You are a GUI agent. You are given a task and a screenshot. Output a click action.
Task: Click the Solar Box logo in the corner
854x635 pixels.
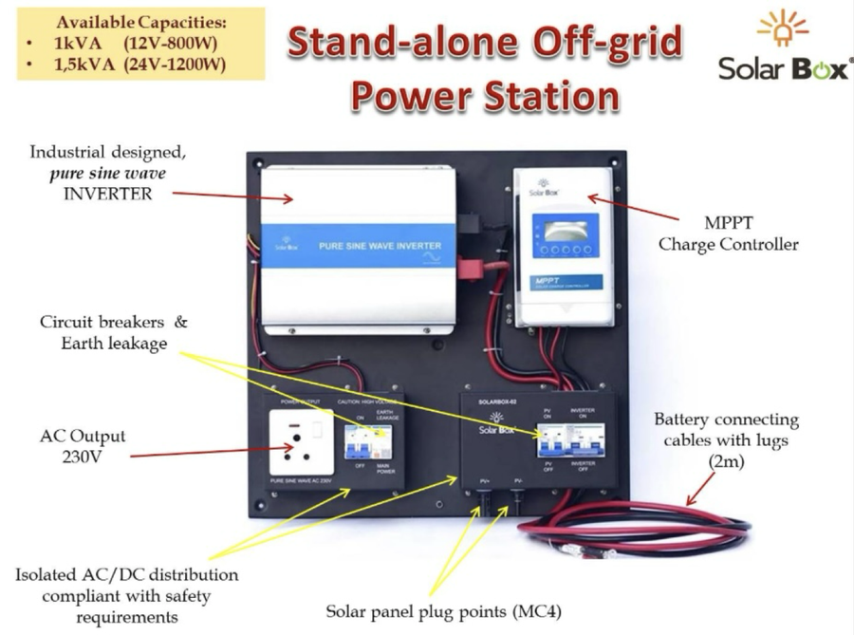[784, 48]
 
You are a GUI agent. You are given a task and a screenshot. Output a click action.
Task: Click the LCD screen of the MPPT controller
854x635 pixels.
[566, 232]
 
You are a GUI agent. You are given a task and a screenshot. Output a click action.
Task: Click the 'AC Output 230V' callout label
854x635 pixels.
[85, 446]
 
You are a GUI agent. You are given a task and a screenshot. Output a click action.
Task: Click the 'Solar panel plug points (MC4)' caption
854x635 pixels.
[443, 610]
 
